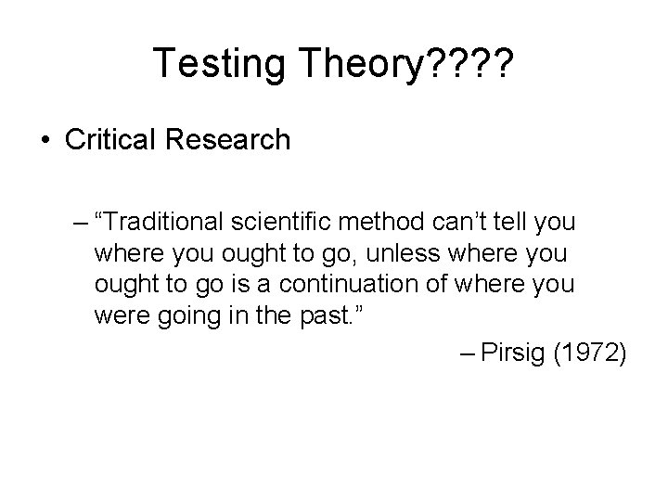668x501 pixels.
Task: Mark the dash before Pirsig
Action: click(x=467, y=353)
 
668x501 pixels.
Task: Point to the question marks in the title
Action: click(x=470, y=63)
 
